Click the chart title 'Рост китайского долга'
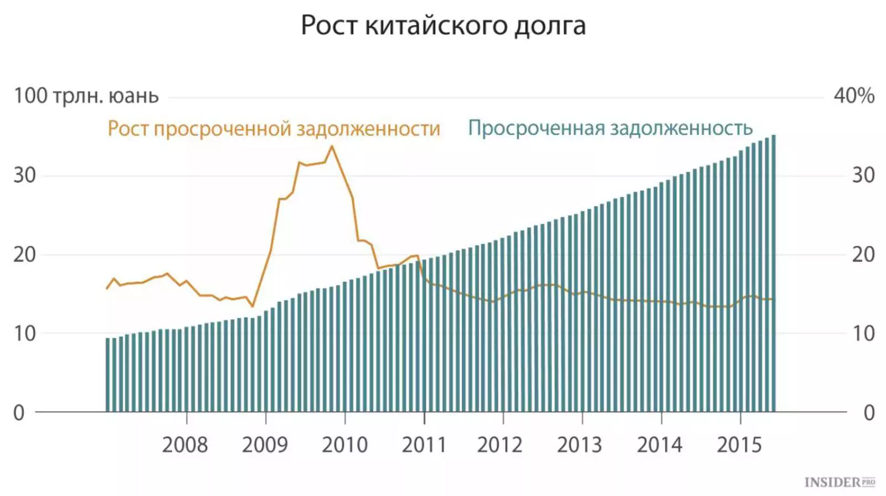443,25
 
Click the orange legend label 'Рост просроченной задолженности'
274,128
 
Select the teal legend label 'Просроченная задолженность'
610,128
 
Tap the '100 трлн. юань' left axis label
86,96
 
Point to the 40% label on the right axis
854,96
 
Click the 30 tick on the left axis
24,175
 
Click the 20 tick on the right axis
863,255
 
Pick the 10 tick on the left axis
24,334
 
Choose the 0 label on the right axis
869,413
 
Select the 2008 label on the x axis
185,445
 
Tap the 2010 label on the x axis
344,445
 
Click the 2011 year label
424,445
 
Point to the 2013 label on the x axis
579,445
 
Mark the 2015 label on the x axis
739,445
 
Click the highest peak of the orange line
332,146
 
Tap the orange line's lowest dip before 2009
253,306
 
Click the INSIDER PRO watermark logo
839,483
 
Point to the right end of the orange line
772,299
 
